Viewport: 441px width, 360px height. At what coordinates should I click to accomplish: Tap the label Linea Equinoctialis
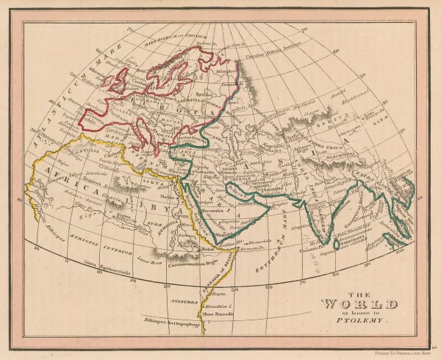[x=101, y=262]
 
